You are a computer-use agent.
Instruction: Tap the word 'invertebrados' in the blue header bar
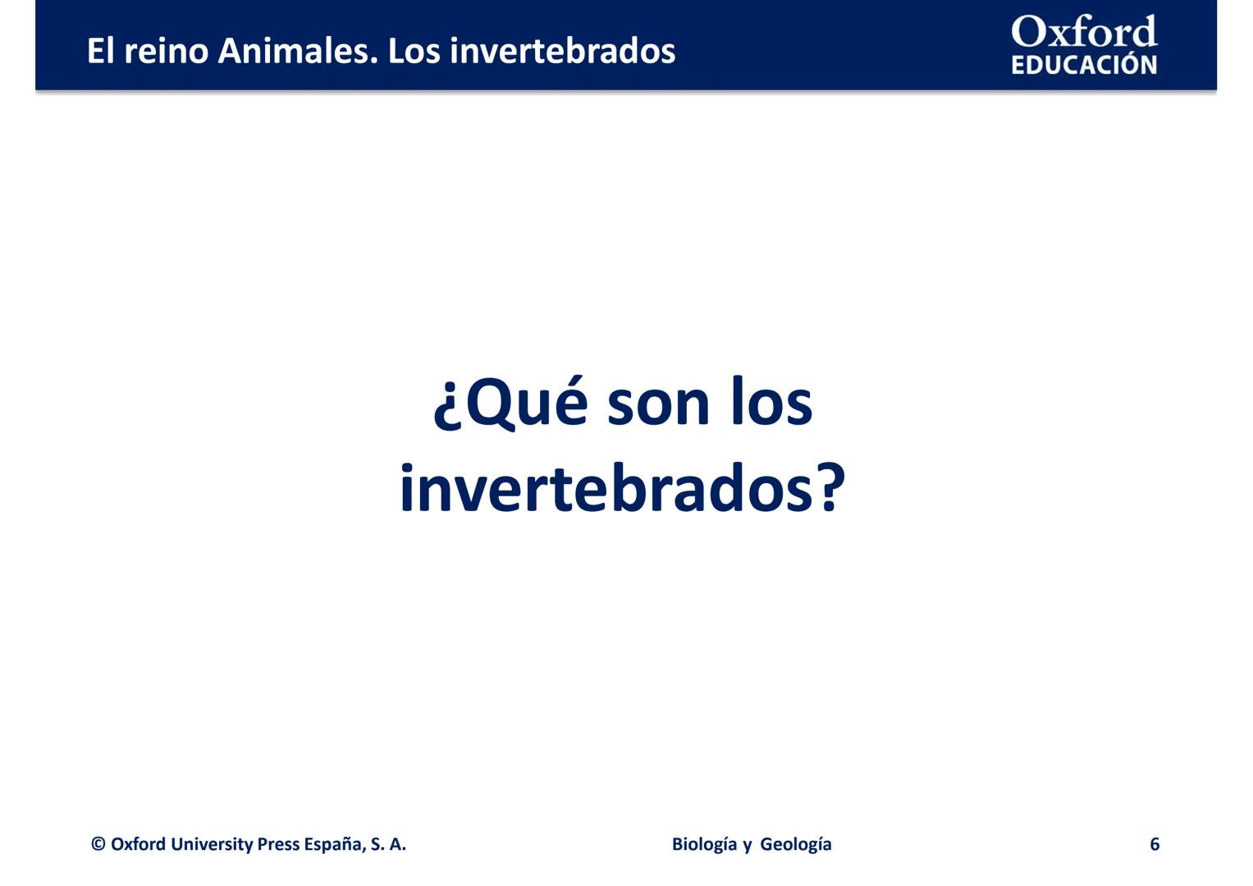[562, 51]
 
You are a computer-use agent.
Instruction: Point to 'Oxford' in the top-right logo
[1083, 33]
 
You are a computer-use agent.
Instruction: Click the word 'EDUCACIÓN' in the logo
[1083, 65]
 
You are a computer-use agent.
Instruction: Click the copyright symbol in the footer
[98, 844]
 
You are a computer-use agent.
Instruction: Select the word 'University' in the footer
[211, 844]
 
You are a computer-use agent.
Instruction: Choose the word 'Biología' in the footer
[704, 844]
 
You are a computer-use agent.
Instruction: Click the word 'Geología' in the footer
[795, 844]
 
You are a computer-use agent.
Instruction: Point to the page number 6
[1154, 844]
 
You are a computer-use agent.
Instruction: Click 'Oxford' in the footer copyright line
[138, 844]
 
